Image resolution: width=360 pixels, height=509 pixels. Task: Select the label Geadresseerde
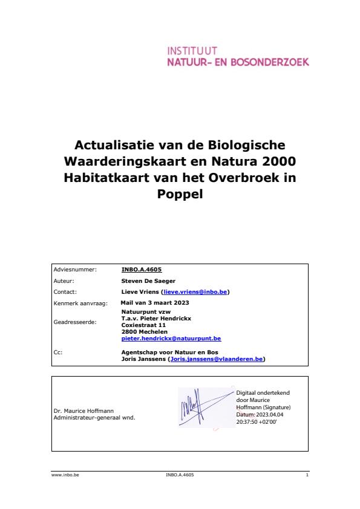[x=75, y=323]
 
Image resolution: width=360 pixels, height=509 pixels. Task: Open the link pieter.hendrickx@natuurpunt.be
[x=171, y=339]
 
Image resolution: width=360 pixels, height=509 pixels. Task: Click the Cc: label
[x=58, y=351]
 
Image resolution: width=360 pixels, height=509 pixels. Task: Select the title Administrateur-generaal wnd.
[x=94, y=418]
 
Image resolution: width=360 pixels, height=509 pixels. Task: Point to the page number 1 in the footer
[x=307, y=476]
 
